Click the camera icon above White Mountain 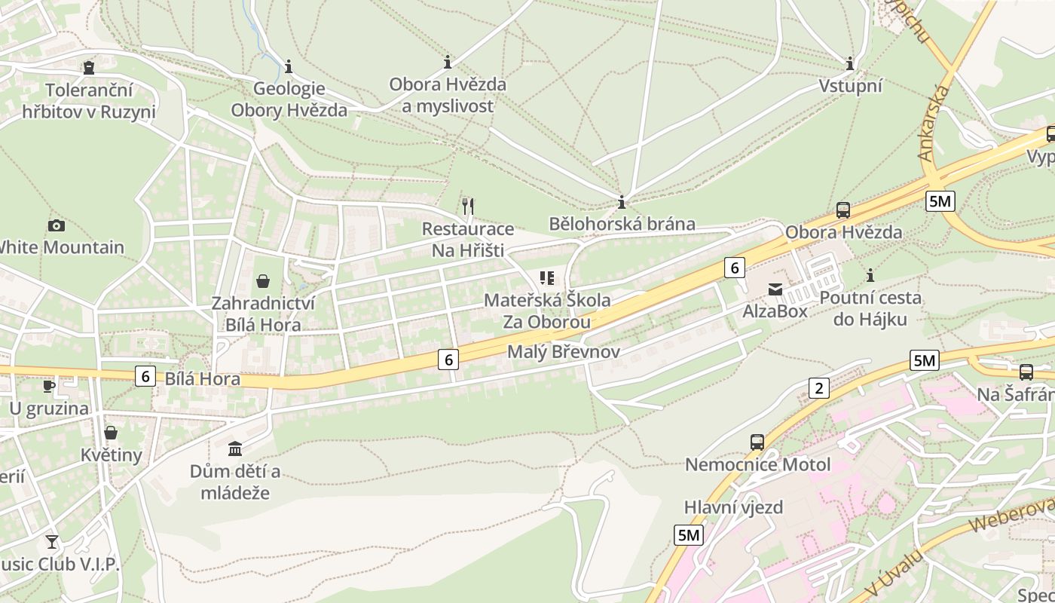click(x=56, y=225)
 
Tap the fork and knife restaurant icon click(x=468, y=205)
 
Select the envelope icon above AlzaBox click(x=775, y=289)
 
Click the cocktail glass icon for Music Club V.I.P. click(x=51, y=541)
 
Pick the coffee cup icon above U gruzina click(x=49, y=386)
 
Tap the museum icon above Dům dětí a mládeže click(x=235, y=448)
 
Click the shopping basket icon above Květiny click(x=111, y=433)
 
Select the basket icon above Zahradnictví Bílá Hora click(x=263, y=281)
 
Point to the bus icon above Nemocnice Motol click(x=757, y=442)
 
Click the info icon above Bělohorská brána click(x=622, y=202)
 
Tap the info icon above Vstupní click(x=850, y=63)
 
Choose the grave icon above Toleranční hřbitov click(x=89, y=68)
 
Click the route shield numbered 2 click(x=818, y=388)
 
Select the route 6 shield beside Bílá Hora click(x=145, y=375)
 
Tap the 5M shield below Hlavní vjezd click(x=689, y=535)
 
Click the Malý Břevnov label click(x=563, y=352)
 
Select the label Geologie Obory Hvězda click(x=289, y=99)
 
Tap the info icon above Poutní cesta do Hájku click(x=870, y=275)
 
